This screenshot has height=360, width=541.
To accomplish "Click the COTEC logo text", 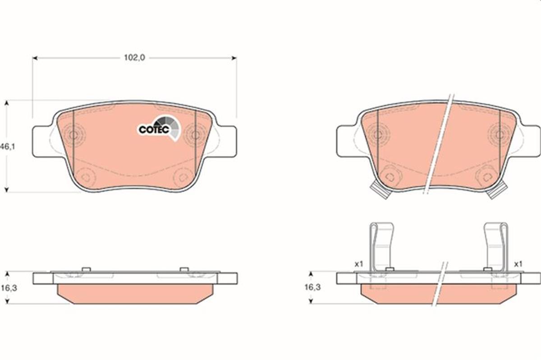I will click(154, 130).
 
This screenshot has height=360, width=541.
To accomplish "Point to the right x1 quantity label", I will click(518, 264).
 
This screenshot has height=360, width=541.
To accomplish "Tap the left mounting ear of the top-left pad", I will click(41, 141).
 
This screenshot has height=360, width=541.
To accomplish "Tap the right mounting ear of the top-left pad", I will click(227, 141).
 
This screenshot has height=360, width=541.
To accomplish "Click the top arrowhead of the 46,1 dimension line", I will click(6, 103).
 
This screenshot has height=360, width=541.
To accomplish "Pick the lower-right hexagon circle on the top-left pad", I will click(183, 177).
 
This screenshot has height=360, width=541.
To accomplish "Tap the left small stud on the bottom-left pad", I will click(87, 269).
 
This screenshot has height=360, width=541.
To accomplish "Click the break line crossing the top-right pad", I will click(438, 144).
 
